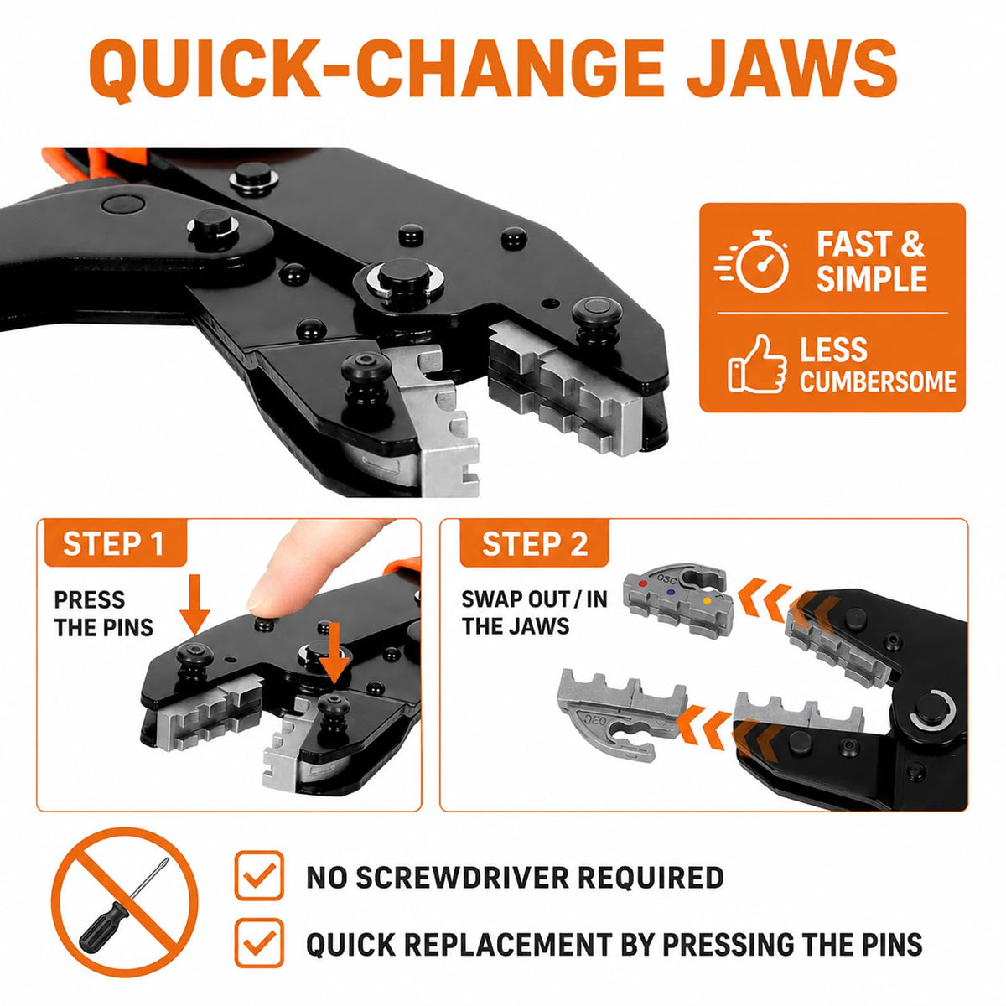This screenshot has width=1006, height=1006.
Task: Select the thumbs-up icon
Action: pos(756,365)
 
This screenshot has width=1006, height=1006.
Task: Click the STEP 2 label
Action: pos(535,544)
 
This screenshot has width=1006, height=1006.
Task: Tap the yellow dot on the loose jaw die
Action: pos(707,600)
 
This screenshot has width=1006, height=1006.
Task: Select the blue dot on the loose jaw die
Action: pos(672,593)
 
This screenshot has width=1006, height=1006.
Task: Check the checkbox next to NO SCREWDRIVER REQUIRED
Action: pos(259,875)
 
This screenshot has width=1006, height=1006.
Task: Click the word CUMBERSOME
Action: pos(878,381)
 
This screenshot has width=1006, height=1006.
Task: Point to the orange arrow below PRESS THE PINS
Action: pos(194,604)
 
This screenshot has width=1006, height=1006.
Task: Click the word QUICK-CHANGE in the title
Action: pos(376,70)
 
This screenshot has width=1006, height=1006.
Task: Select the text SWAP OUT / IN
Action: pos(534,599)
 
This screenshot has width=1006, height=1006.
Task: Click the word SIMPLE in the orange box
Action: pos(871,277)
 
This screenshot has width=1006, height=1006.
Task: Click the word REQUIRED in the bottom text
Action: pos(651,877)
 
